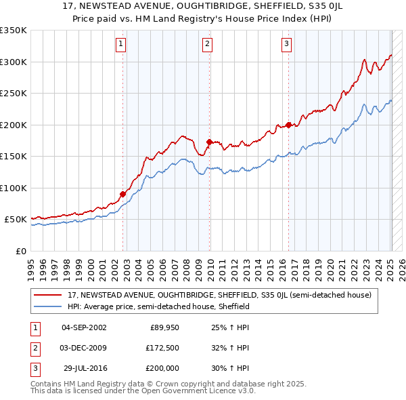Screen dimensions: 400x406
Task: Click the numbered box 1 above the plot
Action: tap(120, 45)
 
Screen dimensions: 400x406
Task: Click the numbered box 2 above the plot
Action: tap(206, 45)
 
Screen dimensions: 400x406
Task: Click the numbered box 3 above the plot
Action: tap(286, 45)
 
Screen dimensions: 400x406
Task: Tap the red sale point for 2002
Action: tap(123, 194)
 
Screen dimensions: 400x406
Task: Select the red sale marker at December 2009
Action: tap(209, 142)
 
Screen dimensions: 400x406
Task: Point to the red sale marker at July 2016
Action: tap(289, 125)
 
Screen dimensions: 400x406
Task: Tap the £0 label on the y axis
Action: tap(20, 251)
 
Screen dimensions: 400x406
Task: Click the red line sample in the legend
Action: tap(49, 296)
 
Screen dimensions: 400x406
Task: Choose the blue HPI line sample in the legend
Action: tap(49, 306)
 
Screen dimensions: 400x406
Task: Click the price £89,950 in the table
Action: tap(163, 328)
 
